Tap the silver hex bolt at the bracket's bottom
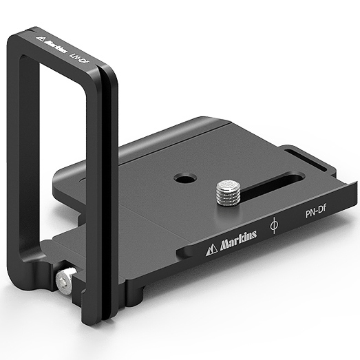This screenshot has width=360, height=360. [x=65, y=280]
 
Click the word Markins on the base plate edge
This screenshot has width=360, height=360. [x=238, y=241]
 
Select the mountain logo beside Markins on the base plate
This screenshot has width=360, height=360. [x=211, y=250]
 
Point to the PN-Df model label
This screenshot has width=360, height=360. [x=316, y=212]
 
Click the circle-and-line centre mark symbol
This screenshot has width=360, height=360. [x=274, y=225]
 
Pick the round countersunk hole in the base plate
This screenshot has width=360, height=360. [x=185, y=178]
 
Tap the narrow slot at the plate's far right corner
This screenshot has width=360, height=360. [x=306, y=160]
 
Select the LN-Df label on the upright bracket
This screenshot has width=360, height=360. [x=79, y=59]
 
